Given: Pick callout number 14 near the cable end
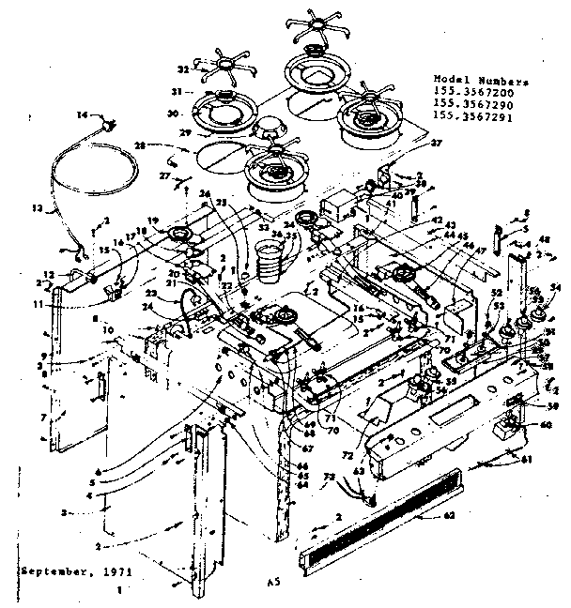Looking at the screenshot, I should (82, 114).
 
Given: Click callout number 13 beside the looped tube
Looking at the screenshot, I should (39, 208).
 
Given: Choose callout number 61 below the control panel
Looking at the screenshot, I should (526, 459).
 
